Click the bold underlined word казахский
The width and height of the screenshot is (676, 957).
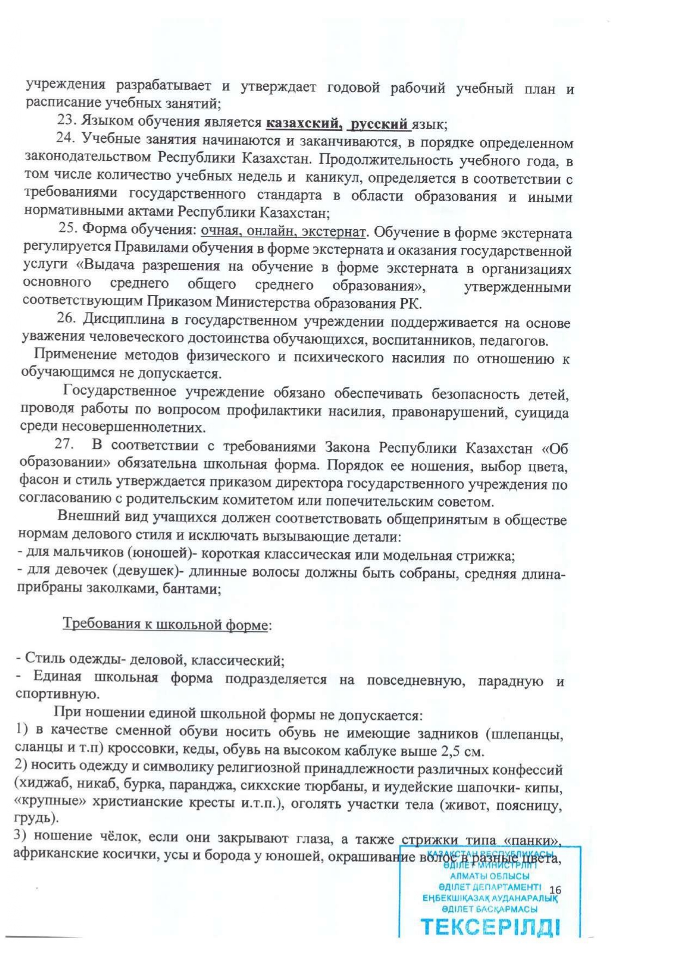[303, 124]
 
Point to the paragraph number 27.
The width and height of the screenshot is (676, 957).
[64, 444]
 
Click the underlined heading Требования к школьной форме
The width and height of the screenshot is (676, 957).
[166, 624]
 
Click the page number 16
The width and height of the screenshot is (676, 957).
[556, 890]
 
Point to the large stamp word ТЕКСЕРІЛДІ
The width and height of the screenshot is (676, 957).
[490, 926]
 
